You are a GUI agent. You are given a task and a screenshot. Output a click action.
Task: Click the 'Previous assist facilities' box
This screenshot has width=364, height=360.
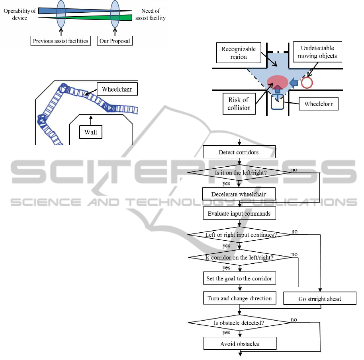[x=61, y=41]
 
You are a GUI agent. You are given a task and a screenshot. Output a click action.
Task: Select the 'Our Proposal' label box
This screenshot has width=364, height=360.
[x=115, y=41]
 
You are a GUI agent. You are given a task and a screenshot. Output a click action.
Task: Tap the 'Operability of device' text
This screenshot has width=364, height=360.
[x=20, y=14]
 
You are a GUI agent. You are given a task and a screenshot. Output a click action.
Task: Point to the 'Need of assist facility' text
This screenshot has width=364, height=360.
[x=150, y=14]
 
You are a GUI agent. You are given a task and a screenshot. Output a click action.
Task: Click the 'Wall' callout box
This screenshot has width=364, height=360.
[x=90, y=132]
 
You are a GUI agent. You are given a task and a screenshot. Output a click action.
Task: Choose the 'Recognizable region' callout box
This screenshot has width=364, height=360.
[x=239, y=53]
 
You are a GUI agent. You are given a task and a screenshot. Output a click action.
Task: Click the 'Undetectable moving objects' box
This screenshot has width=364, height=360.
[x=317, y=52]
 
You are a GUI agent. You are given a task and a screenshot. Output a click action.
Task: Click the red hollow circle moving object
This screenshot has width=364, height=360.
[x=307, y=82]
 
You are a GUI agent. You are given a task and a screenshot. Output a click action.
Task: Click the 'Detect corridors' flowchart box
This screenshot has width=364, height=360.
[x=239, y=152]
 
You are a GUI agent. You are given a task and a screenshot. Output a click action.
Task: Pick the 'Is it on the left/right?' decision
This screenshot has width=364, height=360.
[x=239, y=172]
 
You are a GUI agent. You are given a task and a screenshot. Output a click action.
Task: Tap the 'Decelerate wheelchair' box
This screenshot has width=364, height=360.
[x=239, y=194]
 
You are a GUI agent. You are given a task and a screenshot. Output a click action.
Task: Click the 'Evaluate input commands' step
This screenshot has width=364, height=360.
[x=239, y=214]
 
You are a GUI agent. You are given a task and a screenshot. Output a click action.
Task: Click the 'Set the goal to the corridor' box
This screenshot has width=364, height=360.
[x=239, y=278]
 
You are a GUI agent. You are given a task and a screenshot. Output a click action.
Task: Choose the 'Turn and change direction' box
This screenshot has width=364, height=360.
[x=239, y=298]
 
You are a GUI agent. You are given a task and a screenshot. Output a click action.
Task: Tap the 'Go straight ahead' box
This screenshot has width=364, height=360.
[x=319, y=299]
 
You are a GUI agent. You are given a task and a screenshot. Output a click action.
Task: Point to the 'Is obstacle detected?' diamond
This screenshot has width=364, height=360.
[x=239, y=323]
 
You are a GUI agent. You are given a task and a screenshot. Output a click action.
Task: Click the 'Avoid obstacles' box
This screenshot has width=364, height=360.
[x=239, y=344]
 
